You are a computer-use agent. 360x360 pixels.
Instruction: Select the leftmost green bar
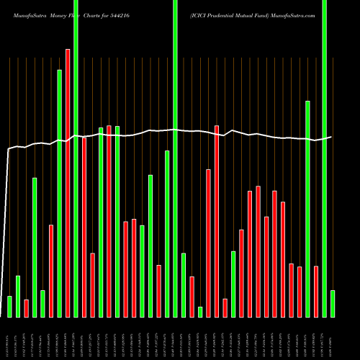tap(9, 306)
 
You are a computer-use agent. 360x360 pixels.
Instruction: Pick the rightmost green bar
tap(332, 303)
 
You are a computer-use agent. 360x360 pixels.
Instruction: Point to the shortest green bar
tap(200, 312)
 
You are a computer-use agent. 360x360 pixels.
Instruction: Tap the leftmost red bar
tap(26, 308)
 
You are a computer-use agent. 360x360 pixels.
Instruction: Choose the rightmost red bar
tap(316, 292)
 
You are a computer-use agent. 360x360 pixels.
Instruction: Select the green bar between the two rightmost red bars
tap(307, 209)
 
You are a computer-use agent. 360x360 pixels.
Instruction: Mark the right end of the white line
tap(331, 137)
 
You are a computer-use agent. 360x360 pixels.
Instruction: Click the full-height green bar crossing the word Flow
tap(76, 158)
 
